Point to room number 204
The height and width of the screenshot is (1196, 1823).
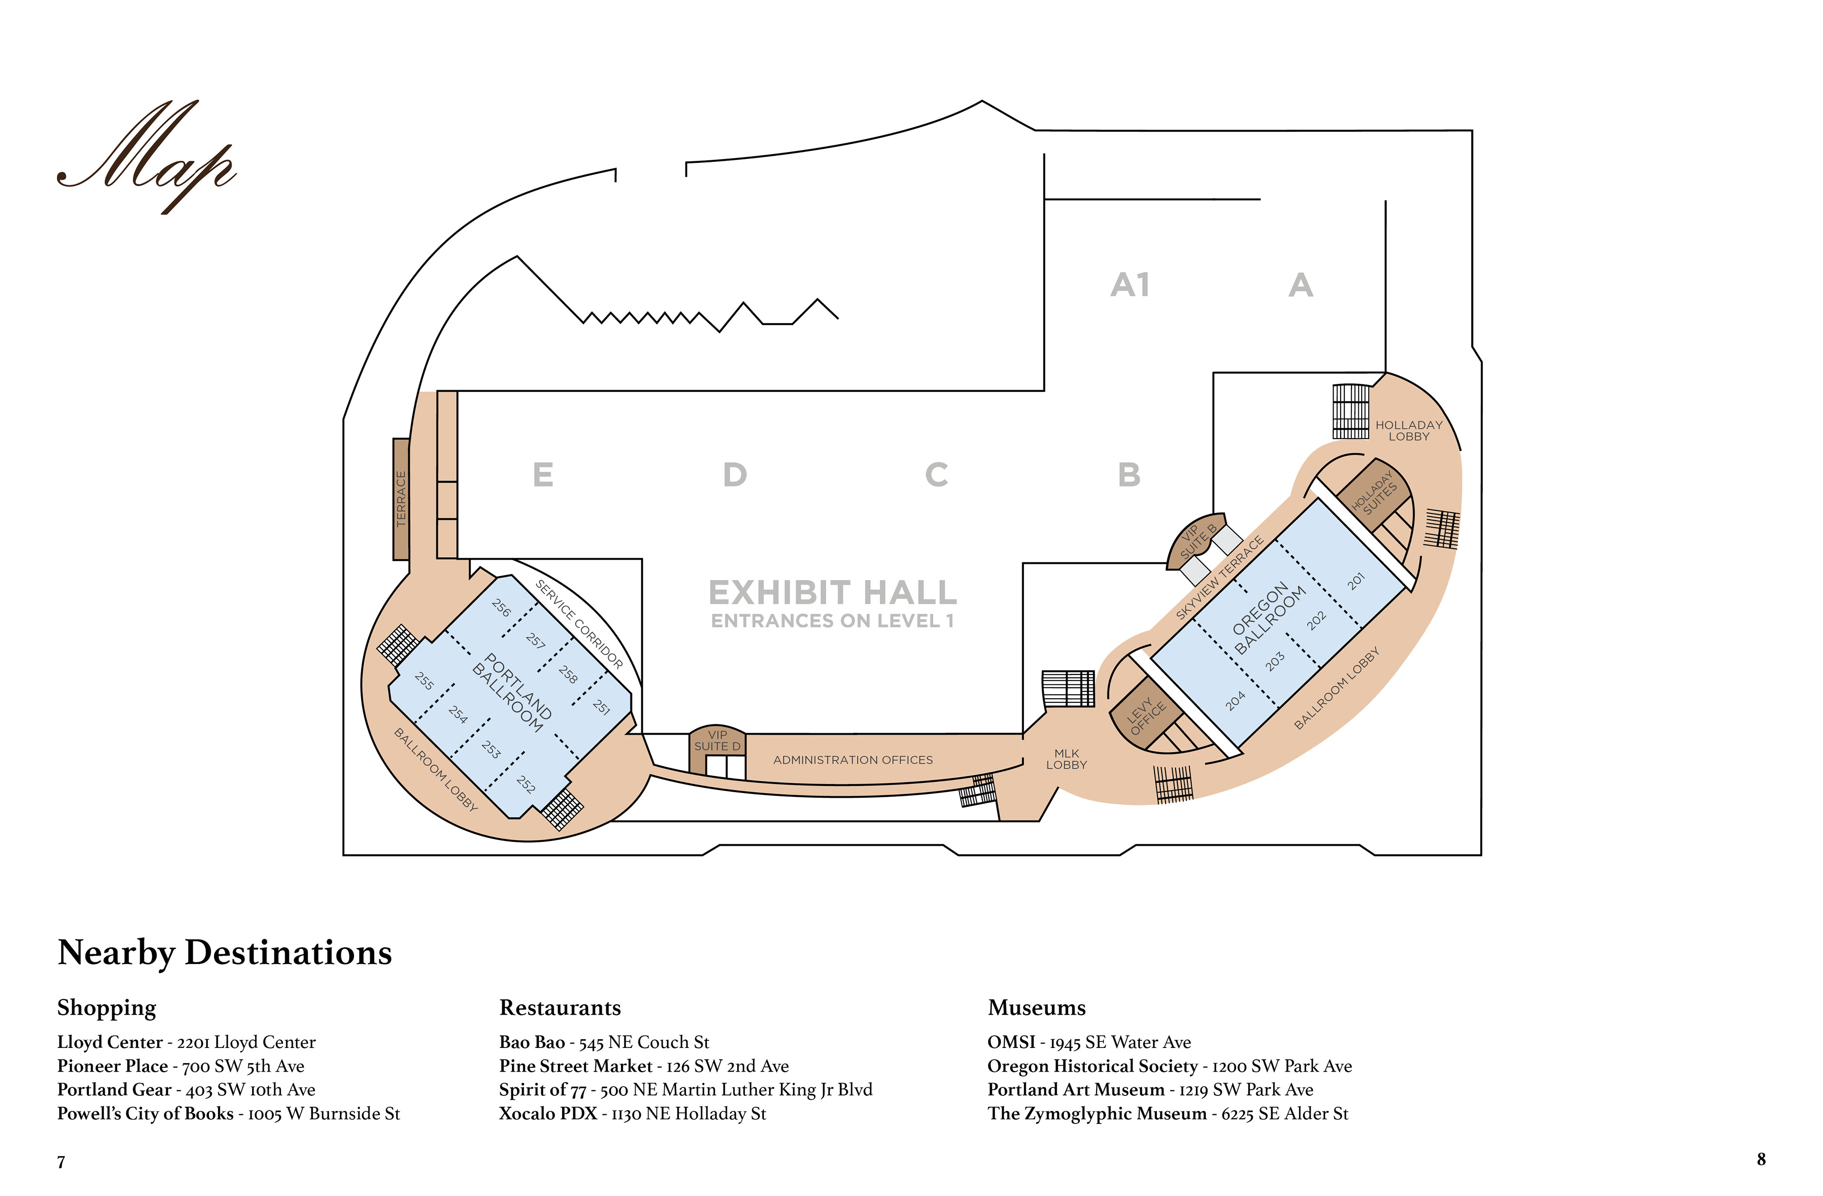click(x=1235, y=701)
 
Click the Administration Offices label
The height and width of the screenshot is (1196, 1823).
click(x=853, y=759)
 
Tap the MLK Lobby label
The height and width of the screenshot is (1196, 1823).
click(x=1066, y=759)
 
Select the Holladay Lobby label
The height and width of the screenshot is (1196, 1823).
click(x=1409, y=430)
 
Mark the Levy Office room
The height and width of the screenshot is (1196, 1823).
click(x=1146, y=716)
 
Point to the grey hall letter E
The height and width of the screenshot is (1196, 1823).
click(x=542, y=475)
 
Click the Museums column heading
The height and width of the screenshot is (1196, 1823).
click(x=1036, y=1007)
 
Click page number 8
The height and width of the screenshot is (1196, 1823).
click(x=1761, y=1159)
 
